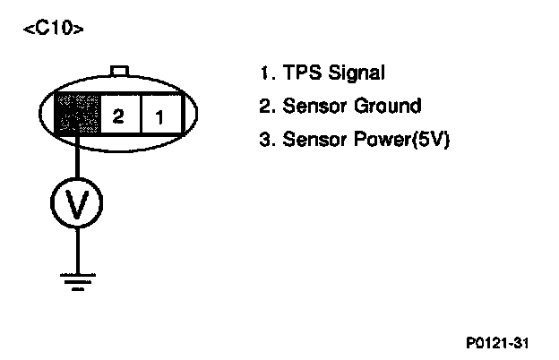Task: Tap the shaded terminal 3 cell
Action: coord(76,116)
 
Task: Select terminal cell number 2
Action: coord(117,116)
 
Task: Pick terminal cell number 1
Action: coord(159,116)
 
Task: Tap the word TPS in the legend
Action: coord(301,73)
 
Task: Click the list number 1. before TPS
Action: coord(264,73)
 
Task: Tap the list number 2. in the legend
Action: coord(265,106)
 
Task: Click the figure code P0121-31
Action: coord(503,342)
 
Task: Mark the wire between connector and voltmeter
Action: coord(78,160)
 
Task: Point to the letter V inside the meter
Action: coord(78,204)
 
